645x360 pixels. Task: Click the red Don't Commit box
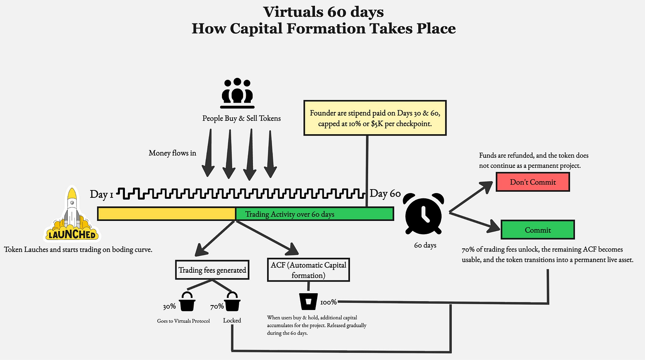coord(532,182)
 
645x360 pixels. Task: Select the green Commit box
coord(538,230)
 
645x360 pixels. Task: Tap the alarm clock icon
coord(424,213)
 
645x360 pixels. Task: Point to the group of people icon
coord(237,93)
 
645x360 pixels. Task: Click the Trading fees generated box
coord(212,270)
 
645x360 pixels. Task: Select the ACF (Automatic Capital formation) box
coord(308,270)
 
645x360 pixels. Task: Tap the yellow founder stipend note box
coord(375,118)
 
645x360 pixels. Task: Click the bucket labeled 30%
coord(187,302)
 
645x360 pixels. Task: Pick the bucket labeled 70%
coord(232,302)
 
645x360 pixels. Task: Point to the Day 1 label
coord(101,194)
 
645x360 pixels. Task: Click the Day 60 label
coord(385,194)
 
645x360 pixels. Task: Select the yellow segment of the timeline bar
coord(167,214)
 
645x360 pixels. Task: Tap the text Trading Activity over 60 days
coord(290,214)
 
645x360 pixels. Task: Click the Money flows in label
coord(172,153)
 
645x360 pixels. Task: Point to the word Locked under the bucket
coord(232,320)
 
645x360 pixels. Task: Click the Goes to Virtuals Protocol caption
coord(183,321)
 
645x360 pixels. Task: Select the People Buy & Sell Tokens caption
coord(241,118)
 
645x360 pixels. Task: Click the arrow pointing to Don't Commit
coord(471,197)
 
